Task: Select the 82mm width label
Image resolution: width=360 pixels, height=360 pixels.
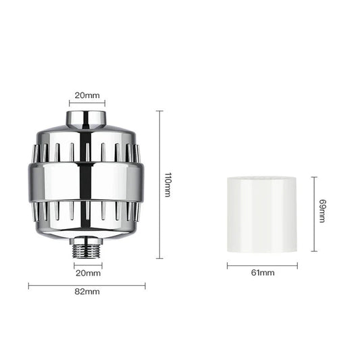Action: pyautogui.click(x=87, y=292)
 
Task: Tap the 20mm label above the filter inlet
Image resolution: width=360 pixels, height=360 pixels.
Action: pyautogui.click(x=86, y=96)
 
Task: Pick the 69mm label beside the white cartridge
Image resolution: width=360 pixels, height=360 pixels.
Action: pyautogui.click(x=322, y=211)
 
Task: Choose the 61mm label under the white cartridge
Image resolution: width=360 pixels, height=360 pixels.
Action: pyautogui.click(x=262, y=273)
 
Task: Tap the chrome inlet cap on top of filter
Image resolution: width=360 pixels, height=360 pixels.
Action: pyautogui.click(x=86, y=120)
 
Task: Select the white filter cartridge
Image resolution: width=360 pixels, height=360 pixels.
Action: pyautogui.click(x=262, y=212)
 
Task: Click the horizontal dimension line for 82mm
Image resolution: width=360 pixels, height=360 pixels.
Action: pyautogui.click(x=87, y=285)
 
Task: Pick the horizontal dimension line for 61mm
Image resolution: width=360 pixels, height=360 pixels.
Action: pyautogui.click(x=262, y=265)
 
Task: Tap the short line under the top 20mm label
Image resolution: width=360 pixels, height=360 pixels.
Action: pyautogui.click(x=86, y=103)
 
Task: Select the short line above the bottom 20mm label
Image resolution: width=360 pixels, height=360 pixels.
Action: pyautogui.click(x=87, y=265)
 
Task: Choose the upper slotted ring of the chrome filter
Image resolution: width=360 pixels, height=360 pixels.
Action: pyautogui.click(x=86, y=151)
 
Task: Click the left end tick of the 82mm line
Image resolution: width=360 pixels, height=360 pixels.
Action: pyautogui.click(x=29, y=285)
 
